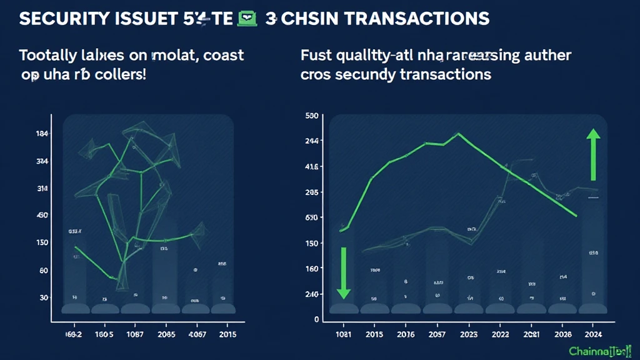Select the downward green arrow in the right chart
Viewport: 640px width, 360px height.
(x=342, y=272)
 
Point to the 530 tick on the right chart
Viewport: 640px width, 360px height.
(x=312, y=116)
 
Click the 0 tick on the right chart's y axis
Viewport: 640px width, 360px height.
(x=316, y=319)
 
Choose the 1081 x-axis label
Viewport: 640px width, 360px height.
(x=344, y=335)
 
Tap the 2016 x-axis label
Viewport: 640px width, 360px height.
(x=404, y=335)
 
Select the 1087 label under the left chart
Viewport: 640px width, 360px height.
(x=135, y=335)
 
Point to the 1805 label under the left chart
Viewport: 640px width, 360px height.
(x=105, y=335)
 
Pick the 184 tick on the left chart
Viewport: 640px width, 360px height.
(x=43, y=134)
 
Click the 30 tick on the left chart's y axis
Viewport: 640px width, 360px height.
(x=44, y=297)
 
